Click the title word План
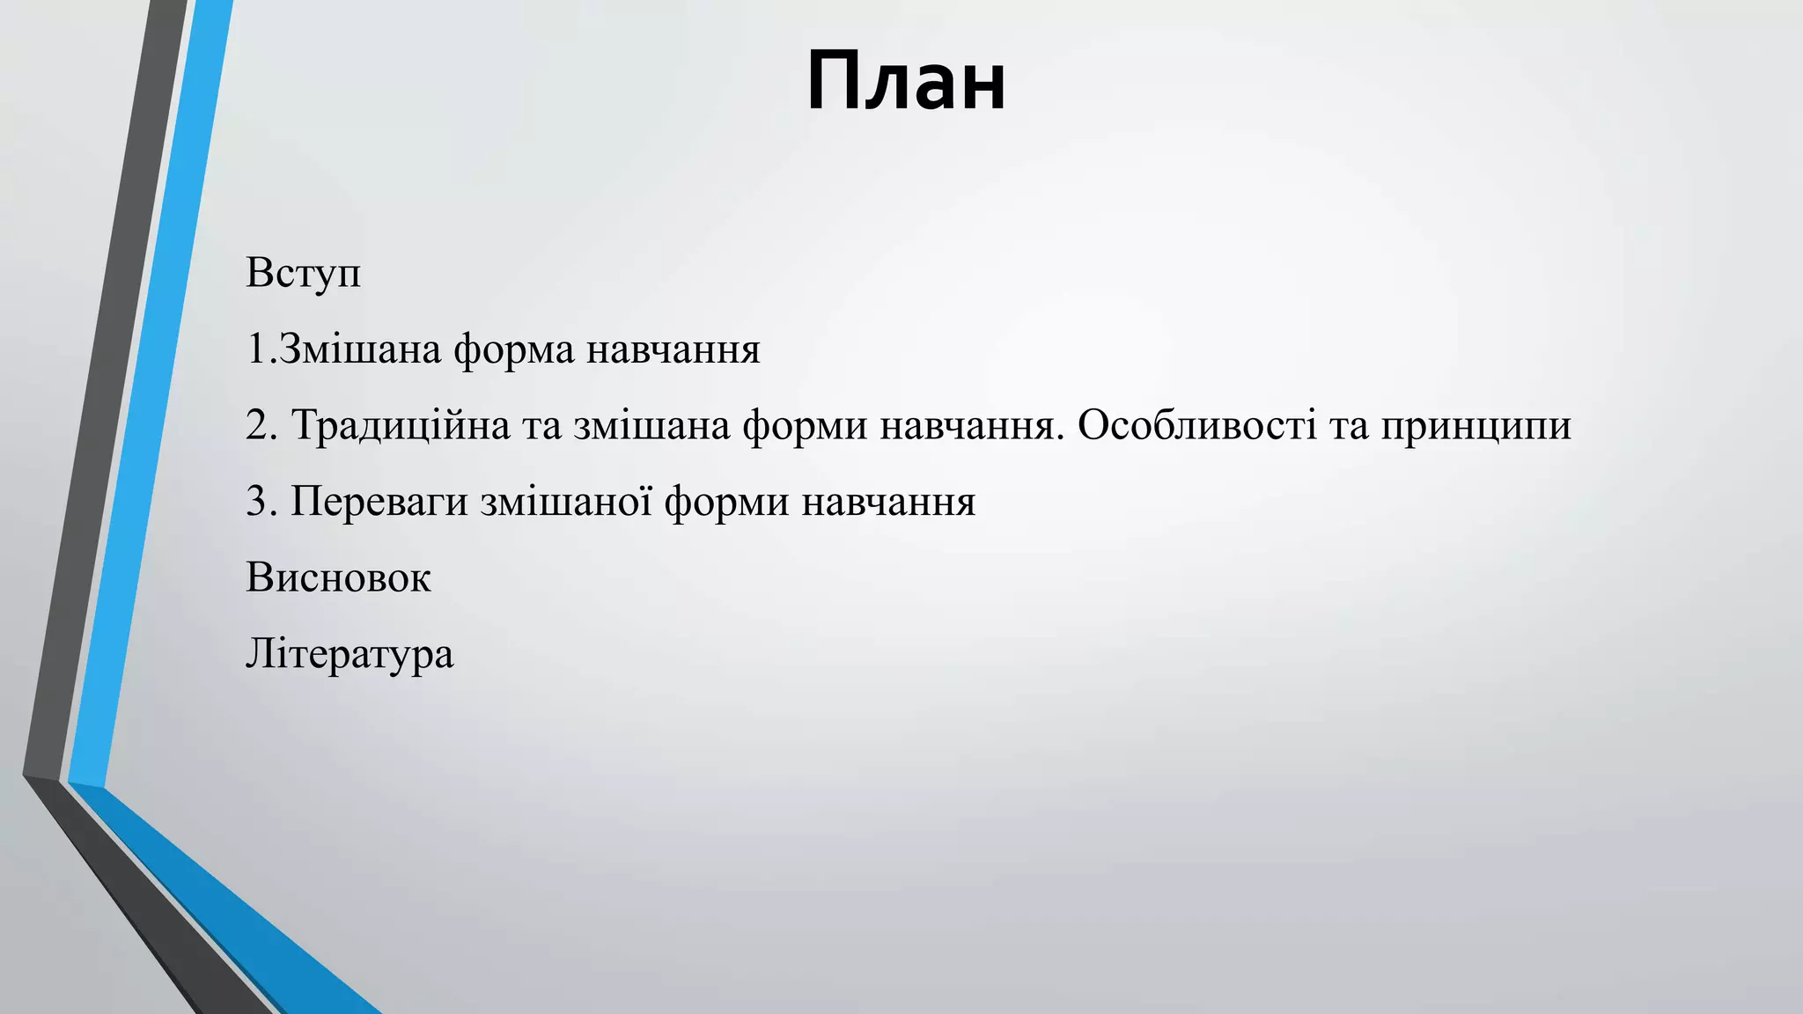(x=906, y=81)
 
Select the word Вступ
(x=303, y=273)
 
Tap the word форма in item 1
(x=513, y=350)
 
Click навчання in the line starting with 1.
(x=673, y=350)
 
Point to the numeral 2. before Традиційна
(x=261, y=426)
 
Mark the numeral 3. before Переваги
(x=261, y=502)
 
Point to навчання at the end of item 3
(x=888, y=502)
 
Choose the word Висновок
(x=338, y=578)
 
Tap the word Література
(x=350, y=655)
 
